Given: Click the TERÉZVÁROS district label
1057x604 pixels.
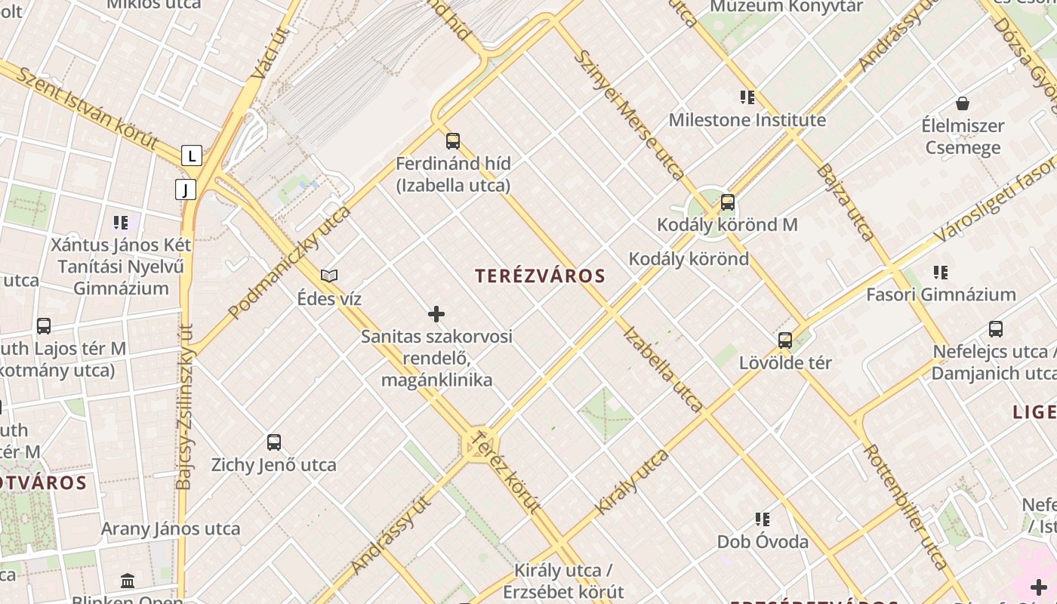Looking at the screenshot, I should tap(541, 276).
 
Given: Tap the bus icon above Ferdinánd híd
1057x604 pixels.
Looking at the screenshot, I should tap(453, 141).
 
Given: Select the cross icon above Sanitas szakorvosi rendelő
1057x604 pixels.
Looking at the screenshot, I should tap(436, 314).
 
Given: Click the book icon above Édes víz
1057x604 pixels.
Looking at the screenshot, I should tap(329, 276).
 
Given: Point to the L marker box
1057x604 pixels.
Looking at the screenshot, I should tap(192, 156).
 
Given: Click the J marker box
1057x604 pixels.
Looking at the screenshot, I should tap(186, 190).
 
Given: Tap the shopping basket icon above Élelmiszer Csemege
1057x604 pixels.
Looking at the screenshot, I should tap(963, 103).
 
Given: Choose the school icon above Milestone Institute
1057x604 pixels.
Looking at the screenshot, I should tap(747, 97).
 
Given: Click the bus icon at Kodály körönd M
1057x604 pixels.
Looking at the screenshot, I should tap(728, 202).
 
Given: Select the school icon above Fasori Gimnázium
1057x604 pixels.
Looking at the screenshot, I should tap(941, 273).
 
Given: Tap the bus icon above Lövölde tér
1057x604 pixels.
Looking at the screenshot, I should tap(785, 341).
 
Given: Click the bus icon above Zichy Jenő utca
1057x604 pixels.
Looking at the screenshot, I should tap(274, 442).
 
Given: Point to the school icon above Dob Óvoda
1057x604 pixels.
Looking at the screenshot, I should tap(763, 519).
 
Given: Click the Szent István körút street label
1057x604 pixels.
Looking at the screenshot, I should tap(88, 107).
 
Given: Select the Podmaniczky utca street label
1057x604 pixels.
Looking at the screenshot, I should tap(290, 261).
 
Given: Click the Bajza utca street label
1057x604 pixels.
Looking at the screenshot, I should tap(845, 202).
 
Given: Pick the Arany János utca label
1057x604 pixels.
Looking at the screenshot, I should tap(171, 528).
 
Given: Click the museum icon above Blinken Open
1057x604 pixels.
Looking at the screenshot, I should tap(128, 581).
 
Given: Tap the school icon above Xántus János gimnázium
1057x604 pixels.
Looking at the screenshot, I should tap(121, 223).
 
